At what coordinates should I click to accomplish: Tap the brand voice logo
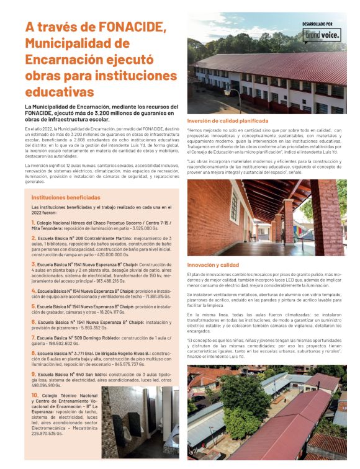(x=322, y=36)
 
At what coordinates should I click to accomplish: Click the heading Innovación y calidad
(x=213, y=264)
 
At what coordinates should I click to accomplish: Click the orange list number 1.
(x=33, y=221)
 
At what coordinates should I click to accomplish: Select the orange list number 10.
(x=35, y=395)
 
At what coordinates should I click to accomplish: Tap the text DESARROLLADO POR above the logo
(x=322, y=24)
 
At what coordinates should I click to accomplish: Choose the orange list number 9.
(x=33, y=374)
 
